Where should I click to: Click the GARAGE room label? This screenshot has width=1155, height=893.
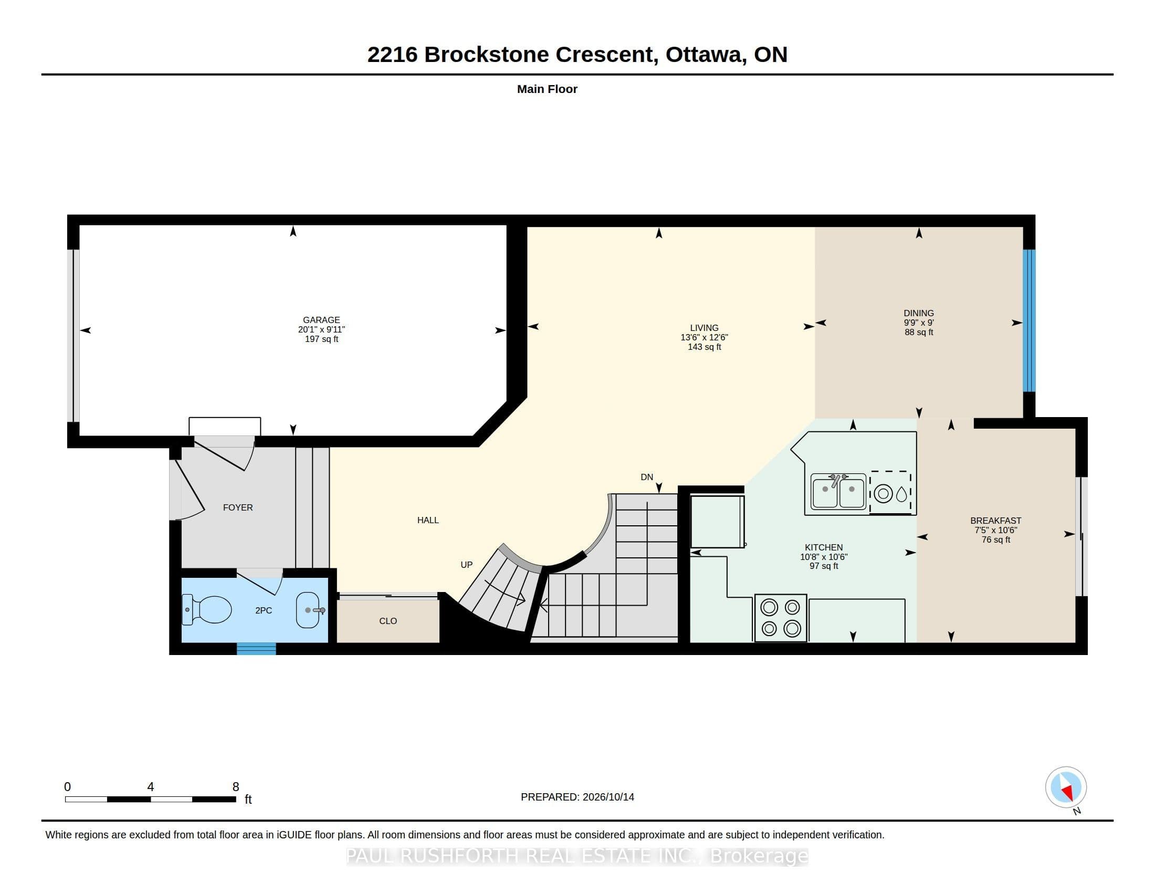[x=321, y=319]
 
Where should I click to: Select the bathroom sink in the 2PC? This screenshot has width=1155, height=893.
[x=309, y=610]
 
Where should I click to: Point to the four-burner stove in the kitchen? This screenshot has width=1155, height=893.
[x=781, y=618]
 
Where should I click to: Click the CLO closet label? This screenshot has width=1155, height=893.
[x=387, y=621]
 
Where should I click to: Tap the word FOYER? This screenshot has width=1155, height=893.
[x=237, y=507]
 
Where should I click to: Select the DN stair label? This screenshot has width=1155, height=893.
[x=647, y=477]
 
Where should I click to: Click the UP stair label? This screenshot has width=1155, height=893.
[x=466, y=565]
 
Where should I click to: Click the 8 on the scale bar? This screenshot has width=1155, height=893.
[x=236, y=787]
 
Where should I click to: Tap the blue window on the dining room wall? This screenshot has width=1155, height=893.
[x=1029, y=320]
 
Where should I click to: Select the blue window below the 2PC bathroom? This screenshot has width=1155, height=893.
[x=256, y=649]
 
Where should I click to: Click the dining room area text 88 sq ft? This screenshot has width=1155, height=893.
[x=919, y=332]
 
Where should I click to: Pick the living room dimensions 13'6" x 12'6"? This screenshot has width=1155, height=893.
[x=704, y=338]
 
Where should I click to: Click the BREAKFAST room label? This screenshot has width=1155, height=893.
[x=996, y=521]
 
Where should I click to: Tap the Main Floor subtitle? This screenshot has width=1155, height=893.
[x=547, y=89]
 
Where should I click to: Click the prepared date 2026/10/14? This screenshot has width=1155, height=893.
[x=608, y=797]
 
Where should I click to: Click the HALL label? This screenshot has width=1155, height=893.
[x=428, y=520]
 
